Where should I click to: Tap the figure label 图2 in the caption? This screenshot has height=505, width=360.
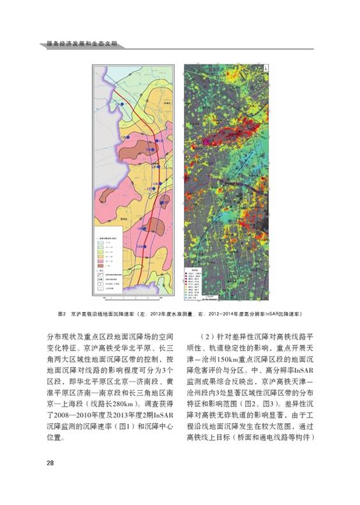pos(63,315)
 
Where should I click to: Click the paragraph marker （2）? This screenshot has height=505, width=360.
pos(212,335)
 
